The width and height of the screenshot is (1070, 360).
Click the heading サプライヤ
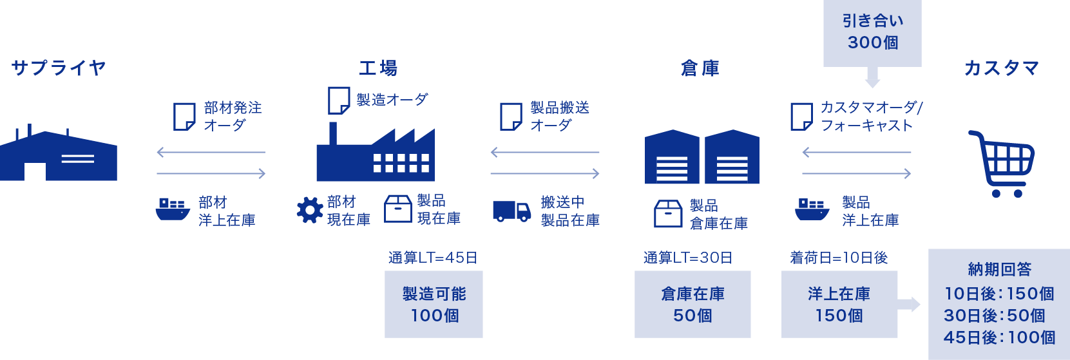click(59, 68)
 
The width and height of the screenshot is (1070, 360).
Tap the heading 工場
click(378, 68)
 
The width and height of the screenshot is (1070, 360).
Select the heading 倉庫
click(700, 68)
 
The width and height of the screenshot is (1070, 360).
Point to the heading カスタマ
click(1001, 68)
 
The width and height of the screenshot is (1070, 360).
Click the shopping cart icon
click(1002, 164)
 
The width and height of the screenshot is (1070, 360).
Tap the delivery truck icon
click(511, 211)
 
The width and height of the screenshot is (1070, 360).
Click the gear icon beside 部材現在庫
click(310, 210)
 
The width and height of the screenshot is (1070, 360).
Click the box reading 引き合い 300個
click(872, 32)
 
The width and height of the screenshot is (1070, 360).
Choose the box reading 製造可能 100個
click(434, 304)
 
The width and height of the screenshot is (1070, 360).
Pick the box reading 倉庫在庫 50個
click(693, 304)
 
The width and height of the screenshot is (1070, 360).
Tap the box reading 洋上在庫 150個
click(839, 304)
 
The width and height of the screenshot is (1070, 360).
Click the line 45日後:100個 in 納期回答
click(999, 337)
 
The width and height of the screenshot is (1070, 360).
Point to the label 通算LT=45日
click(433, 258)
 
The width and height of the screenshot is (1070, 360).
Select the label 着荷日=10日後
click(839, 258)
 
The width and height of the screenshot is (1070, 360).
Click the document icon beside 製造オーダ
click(339, 100)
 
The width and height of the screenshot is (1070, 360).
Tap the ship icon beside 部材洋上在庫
click(173, 209)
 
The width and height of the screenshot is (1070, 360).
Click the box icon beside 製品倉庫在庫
click(668, 214)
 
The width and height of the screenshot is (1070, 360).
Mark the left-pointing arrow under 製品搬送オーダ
click(544, 153)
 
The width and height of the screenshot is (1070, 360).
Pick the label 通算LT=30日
click(688, 258)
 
